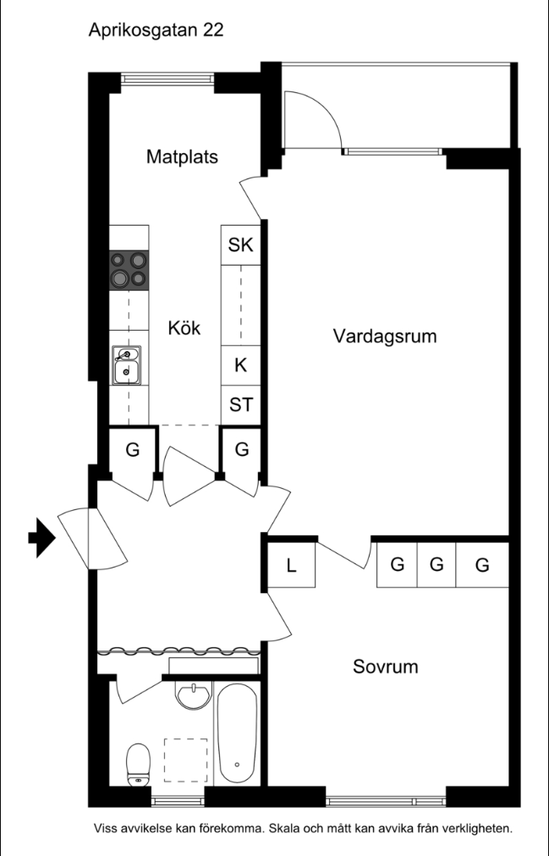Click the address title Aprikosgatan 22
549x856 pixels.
coord(156,30)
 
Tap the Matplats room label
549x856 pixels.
coord(182,156)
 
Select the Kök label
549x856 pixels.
coord(184,328)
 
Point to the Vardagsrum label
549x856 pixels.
coord(385,336)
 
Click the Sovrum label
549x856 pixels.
coord(385,667)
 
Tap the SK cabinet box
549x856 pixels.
coord(241,245)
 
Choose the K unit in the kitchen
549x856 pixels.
coord(241,365)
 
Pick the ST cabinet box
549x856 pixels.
coord(241,405)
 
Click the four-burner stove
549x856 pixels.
coord(129,270)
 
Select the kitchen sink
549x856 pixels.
coord(127,365)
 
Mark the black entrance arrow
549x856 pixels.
coord(42,538)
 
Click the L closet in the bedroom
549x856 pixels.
coord(291,566)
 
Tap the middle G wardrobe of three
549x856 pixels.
coord(436,565)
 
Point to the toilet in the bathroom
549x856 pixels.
coord(138,765)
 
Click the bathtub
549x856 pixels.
coord(237,733)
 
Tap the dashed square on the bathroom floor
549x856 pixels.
coord(185,760)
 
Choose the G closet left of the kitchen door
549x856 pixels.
coord(133,450)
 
